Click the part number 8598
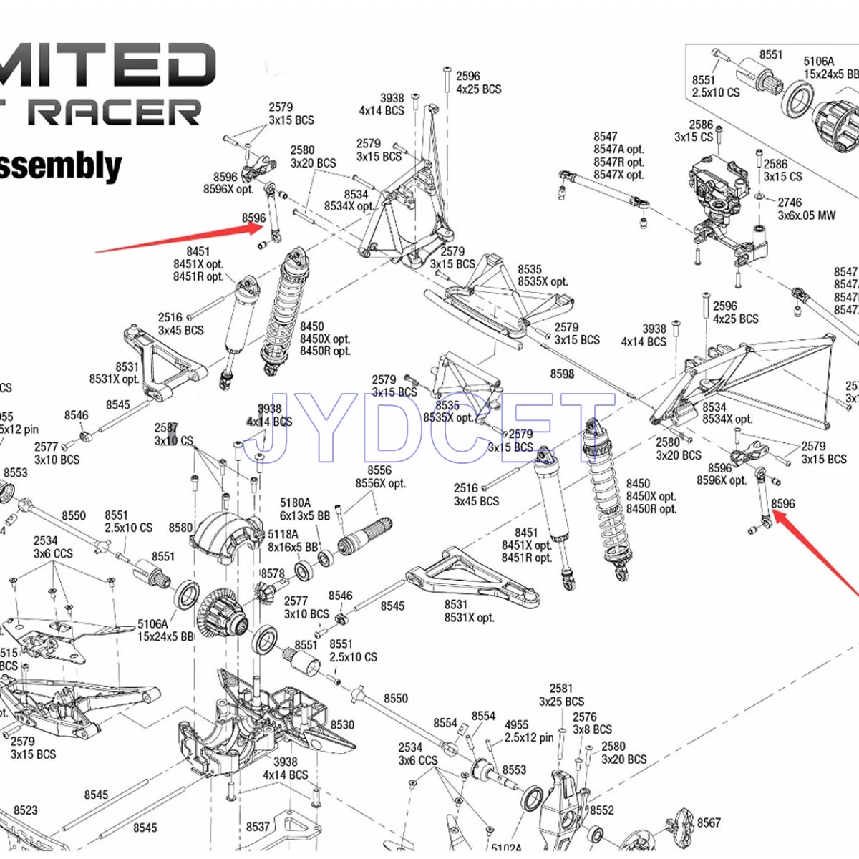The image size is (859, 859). point(562,374)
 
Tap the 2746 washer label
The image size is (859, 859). point(790,203)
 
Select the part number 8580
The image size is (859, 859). point(180,528)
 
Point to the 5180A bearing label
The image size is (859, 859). point(295,503)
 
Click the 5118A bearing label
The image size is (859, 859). point(283,534)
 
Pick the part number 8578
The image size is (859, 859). point(272,573)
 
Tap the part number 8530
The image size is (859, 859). point(342,724)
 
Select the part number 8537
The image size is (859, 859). point(258,827)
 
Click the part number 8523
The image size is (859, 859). point(25,810)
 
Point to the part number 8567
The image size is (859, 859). point(709,822)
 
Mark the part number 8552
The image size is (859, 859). point(601,810)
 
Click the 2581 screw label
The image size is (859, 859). point(561,689)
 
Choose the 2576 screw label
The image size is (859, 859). point(584,717)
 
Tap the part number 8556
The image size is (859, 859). point(379,470)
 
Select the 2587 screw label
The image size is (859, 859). point(166,428)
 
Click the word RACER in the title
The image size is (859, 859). point(118,111)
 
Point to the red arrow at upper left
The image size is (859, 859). point(179,239)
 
